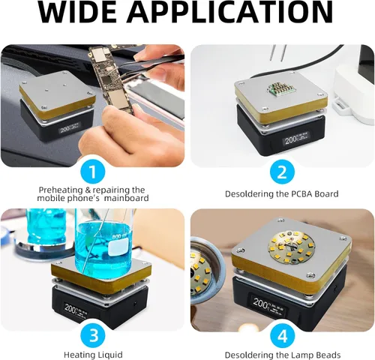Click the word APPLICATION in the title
[230, 12]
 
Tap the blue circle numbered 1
[93, 172]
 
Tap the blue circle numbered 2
[282, 172]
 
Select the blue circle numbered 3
[93, 335]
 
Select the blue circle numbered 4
[283, 335]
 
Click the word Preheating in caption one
[61, 190]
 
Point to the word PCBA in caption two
[299, 193]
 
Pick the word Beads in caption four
[328, 355]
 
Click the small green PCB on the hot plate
[279, 88]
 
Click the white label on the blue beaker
[118, 247]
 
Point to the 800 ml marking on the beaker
[120, 236]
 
